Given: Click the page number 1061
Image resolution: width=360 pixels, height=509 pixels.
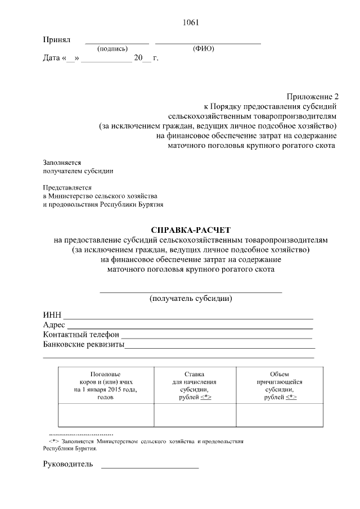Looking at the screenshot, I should [x=191, y=22].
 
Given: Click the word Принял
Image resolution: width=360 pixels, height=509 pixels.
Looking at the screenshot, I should [x=56, y=40].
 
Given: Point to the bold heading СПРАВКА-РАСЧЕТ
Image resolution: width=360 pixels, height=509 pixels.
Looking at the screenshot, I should [x=191, y=229].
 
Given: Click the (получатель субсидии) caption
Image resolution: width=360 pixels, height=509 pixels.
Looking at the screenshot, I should [x=191, y=299].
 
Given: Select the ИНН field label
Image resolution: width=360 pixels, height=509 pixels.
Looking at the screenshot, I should [x=52, y=315].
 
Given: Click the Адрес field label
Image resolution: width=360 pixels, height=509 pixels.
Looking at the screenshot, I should [x=55, y=325].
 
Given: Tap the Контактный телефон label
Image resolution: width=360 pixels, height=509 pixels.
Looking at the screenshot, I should [x=81, y=335].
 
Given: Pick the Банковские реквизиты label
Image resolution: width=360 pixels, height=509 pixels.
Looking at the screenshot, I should [x=83, y=345].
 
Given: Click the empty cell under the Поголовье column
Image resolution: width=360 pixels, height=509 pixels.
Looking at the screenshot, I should [x=105, y=416].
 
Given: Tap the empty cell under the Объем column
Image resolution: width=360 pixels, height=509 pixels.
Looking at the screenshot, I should [x=280, y=416].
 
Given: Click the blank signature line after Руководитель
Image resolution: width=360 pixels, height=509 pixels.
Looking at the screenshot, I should [x=150, y=467].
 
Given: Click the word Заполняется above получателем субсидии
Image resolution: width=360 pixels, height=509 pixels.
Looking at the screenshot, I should [x=62, y=162].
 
